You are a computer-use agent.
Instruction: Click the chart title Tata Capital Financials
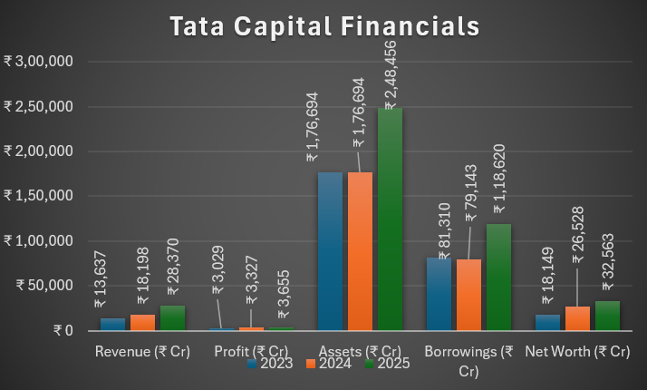[323, 25]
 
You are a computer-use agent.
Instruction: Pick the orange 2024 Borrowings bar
[469, 295]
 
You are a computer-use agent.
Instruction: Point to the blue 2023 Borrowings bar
[439, 294]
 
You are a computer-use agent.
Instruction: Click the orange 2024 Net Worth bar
[578, 318]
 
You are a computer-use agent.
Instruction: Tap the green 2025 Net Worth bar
[607, 316]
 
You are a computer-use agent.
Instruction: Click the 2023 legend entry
[271, 364]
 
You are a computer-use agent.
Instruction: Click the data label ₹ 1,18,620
[499, 166]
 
